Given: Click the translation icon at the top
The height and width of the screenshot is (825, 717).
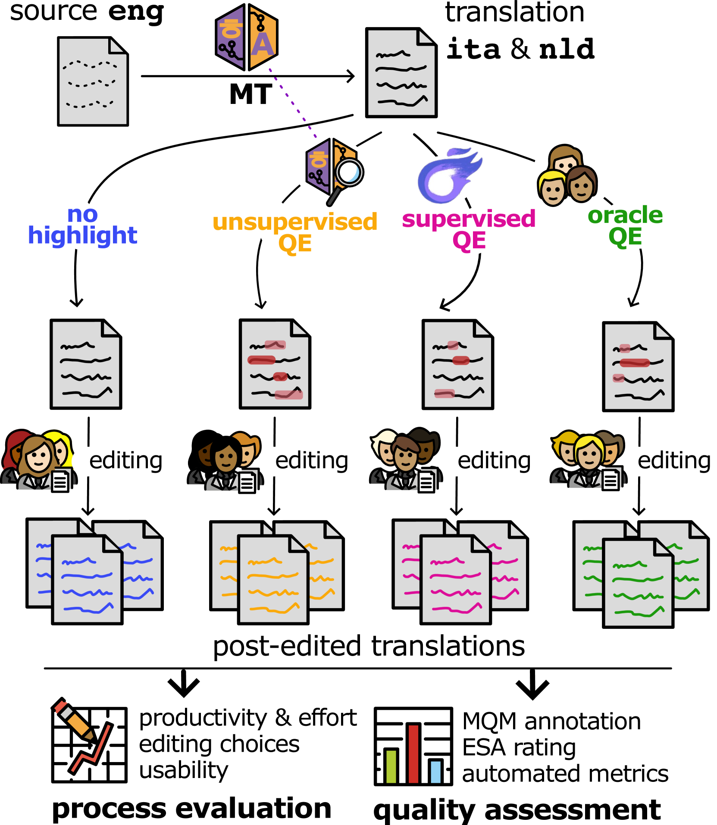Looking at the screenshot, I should [x=247, y=37].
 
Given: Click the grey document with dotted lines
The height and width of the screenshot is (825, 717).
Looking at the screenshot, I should [x=93, y=81].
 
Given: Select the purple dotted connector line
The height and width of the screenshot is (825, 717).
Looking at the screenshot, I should [x=292, y=103].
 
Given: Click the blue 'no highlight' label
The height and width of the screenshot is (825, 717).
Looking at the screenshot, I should [x=82, y=225].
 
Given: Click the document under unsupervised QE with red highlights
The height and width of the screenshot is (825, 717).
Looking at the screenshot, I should [x=275, y=364].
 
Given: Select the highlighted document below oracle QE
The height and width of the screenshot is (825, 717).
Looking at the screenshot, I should [x=638, y=367].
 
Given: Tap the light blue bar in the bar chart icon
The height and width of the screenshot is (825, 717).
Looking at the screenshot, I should [x=435, y=772].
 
